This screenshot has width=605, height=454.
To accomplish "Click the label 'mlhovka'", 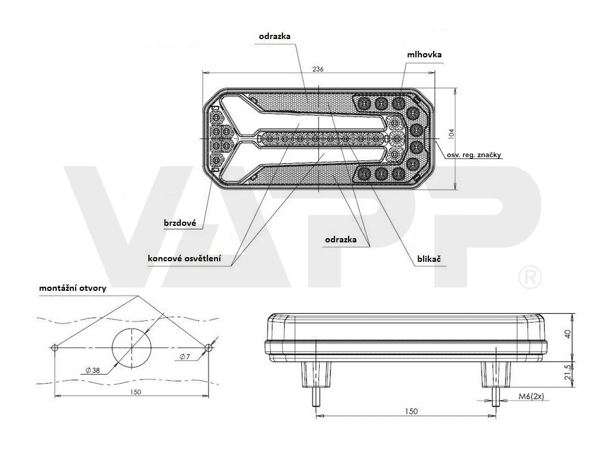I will pyautogui.click(x=424, y=54).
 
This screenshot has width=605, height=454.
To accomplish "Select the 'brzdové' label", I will pyautogui.click(x=180, y=223).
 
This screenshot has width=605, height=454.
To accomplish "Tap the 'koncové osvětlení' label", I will pyautogui.click(x=185, y=258).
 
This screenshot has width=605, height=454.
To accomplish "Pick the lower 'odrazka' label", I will pyautogui.click(x=340, y=239).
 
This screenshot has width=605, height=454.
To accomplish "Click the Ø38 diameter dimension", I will pyautogui.click(x=93, y=371).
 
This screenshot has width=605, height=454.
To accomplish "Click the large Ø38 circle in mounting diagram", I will pyautogui.click(x=132, y=347).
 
